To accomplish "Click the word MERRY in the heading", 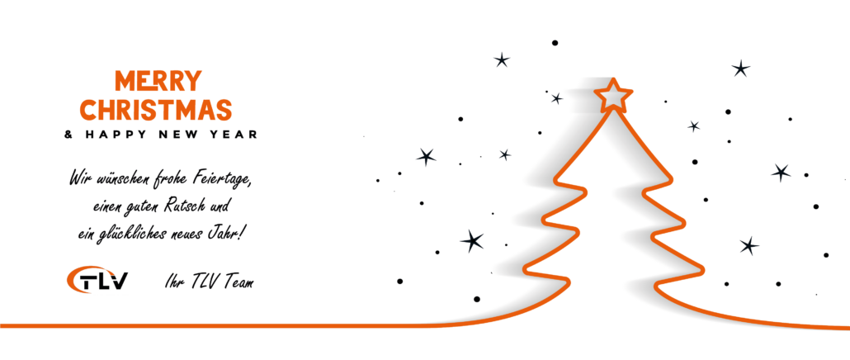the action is [x=158, y=81].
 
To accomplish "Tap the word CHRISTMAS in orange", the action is [x=156, y=110].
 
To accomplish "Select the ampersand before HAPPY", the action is [x=68, y=134].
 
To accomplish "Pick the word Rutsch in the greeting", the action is [x=175, y=206].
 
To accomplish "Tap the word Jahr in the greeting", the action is [x=222, y=234].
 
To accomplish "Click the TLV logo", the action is [x=97, y=280].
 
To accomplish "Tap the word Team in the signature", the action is [x=238, y=282].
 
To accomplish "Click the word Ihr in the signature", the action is [x=173, y=282].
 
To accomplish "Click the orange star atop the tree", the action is [x=613, y=96].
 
